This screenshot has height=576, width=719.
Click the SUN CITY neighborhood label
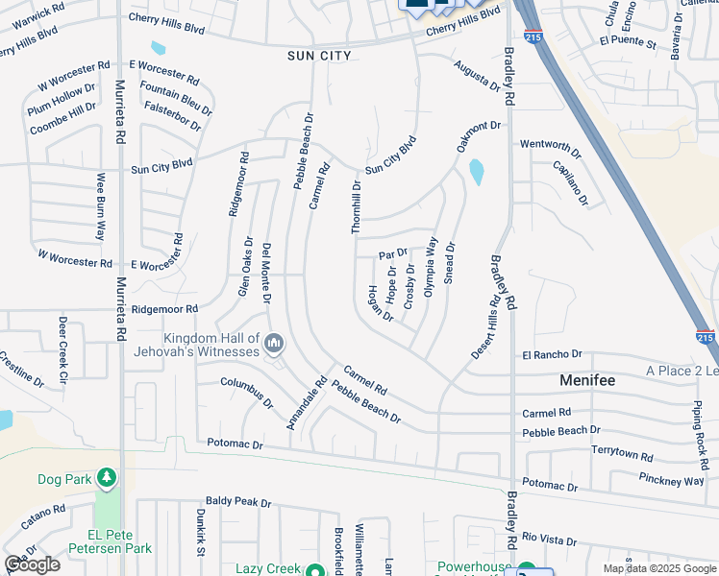click(320, 56)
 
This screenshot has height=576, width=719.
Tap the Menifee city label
click(587, 381)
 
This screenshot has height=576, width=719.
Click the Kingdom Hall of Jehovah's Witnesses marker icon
click(274, 343)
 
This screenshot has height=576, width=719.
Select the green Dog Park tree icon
click(106, 477)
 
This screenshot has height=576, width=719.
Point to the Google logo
click(32, 564)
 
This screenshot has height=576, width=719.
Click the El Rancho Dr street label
click(553, 355)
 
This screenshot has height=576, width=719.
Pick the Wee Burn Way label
click(100, 206)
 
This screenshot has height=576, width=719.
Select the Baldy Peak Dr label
click(238, 502)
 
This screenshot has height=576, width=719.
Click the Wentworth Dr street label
click(551, 145)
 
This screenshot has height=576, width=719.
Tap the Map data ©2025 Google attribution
click(660, 568)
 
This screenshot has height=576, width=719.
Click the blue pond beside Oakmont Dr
click(475, 172)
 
